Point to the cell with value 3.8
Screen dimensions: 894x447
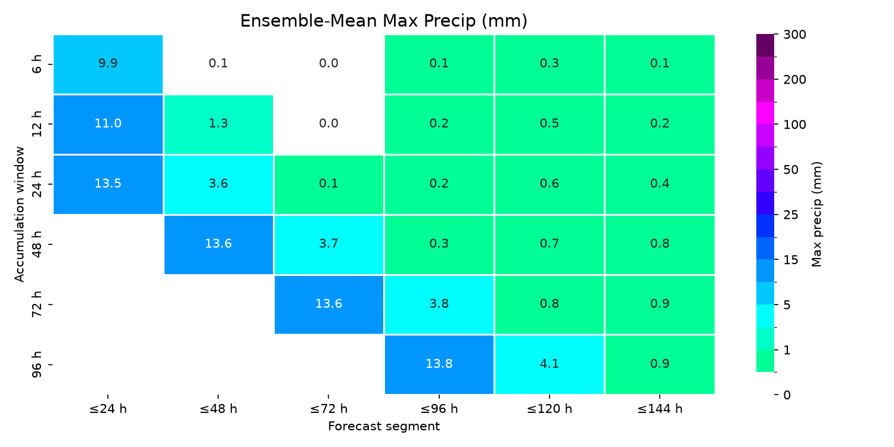[x=439, y=305]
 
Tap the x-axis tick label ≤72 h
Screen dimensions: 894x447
[x=329, y=409]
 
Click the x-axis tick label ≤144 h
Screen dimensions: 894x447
[x=660, y=409]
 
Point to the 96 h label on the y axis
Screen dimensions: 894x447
[x=36, y=365]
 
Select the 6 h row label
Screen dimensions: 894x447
[x=36, y=64]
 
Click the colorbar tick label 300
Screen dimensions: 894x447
[x=794, y=35]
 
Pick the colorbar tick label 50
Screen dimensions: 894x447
[x=791, y=170]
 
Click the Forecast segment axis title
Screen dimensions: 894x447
[x=384, y=426]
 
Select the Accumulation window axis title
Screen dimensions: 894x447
[x=19, y=215]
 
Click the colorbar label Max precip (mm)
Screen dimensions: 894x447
[x=817, y=215]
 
